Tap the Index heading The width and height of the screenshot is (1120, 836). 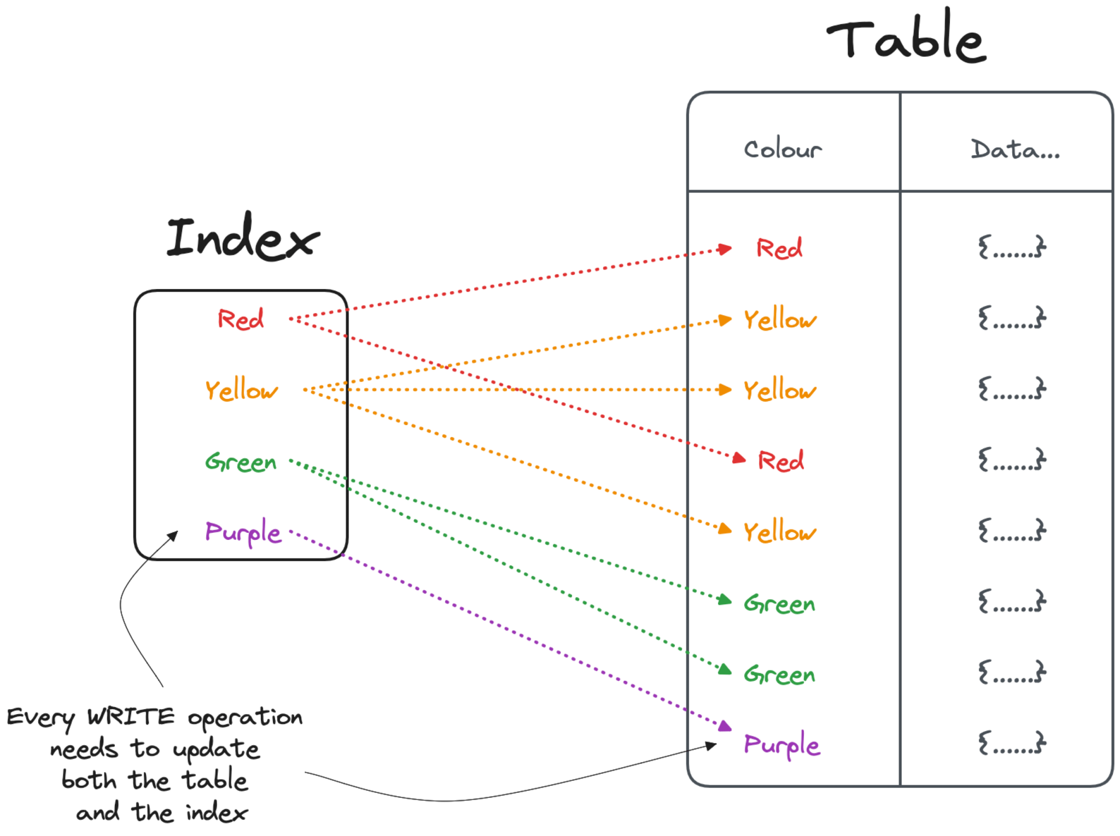pyautogui.click(x=243, y=237)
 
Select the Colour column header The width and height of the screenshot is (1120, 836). pyautogui.click(x=783, y=149)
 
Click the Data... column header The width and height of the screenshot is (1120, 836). pyautogui.click(x=1015, y=149)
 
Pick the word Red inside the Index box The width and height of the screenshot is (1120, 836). pyautogui.click(x=241, y=319)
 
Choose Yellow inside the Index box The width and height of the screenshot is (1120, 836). pyautogui.click(x=241, y=390)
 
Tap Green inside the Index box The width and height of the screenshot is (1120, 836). pyautogui.click(x=241, y=462)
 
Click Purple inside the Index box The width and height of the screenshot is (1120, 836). pyautogui.click(x=243, y=532)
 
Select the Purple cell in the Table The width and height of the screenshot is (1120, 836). pyautogui.click(x=782, y=744)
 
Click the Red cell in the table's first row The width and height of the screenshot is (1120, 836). pyautogui.click(x=779, y=248)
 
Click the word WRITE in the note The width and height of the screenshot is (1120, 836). pyautogui.click(x=131, y=716)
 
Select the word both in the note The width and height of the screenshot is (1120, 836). pyautogui.click(x=89, y=780)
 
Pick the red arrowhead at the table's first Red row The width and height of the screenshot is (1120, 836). pyautogui.click(x=725, y=249)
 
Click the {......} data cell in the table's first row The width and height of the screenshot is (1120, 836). pyautogui.click(x=1012, y=247)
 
